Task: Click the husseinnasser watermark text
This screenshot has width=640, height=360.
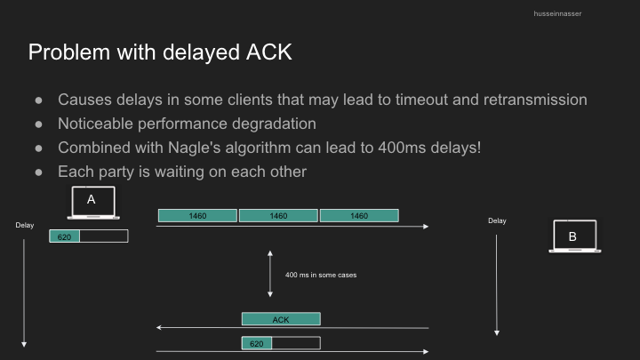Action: [x=557, y=13]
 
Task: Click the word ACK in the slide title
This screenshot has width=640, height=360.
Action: [x=269, y=52]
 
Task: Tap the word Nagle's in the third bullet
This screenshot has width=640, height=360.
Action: [x=195, y=148]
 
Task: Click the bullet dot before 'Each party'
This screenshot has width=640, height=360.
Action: [x=39, y=172]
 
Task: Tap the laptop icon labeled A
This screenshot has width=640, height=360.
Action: [x=93, y=203]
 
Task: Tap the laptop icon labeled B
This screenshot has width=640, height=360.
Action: [x=575, y=236]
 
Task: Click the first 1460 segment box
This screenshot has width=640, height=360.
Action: [x=197, y=215]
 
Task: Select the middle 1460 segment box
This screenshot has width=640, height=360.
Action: [x=278, y=215]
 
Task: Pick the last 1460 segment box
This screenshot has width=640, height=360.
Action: [x=359, y=215]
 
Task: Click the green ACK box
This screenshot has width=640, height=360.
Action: [x=281, y=319]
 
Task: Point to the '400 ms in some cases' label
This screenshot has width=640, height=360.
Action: [x=321, y=275]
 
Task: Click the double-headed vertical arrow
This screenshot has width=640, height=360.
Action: [x=270, y=274]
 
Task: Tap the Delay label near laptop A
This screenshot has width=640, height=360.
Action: [x=25, y=225]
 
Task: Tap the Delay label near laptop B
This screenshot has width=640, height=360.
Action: [x=497, y=220]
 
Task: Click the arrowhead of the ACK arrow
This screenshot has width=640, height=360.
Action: [x=158, y=327]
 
